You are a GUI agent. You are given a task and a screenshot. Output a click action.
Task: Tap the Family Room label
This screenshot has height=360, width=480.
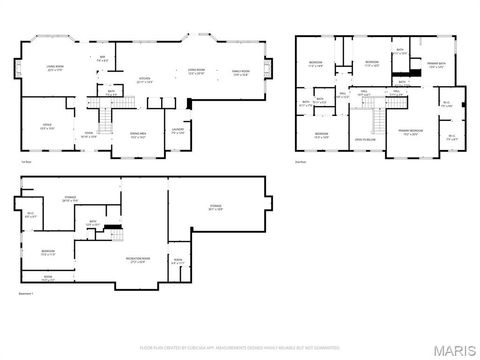241,72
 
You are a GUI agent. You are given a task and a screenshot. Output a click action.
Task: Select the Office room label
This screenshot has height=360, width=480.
46,127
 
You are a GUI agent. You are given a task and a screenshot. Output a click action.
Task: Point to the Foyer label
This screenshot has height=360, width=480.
89,134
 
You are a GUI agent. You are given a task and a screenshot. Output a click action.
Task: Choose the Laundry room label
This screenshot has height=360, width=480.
177,130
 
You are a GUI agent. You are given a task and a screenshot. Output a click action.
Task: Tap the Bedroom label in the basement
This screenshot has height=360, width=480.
48,252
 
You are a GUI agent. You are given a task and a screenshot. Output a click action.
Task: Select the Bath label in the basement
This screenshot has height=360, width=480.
92,223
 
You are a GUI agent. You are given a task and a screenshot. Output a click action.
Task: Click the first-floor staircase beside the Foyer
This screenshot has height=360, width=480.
121,104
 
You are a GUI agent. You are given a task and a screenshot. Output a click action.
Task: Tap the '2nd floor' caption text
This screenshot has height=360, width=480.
301,160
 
